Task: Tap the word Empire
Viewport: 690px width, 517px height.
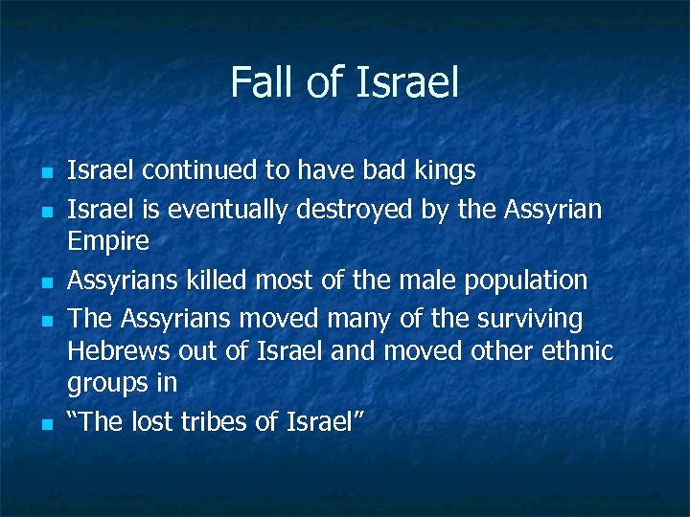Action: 108,241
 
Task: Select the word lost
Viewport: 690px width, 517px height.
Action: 154,421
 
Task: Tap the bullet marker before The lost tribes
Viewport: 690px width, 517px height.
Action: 46,423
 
